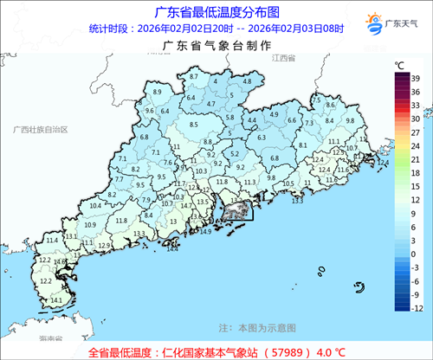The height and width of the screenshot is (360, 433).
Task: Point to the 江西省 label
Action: (282, 57)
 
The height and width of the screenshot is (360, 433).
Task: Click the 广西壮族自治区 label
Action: (34, 128)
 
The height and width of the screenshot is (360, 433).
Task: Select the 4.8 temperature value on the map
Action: (247, 80)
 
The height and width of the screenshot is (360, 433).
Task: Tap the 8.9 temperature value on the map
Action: (157, 93)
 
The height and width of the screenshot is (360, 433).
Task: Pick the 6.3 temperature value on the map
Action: (262, 138)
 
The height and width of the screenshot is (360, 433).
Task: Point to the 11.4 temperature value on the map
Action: (52, 239)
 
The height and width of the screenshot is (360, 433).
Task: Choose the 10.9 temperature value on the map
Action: (89, 225)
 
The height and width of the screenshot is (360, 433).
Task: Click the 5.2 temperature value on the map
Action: (234, 153)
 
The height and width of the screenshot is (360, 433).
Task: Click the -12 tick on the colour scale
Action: (417, 308)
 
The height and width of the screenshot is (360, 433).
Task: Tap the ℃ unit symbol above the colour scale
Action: (398, 65)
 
